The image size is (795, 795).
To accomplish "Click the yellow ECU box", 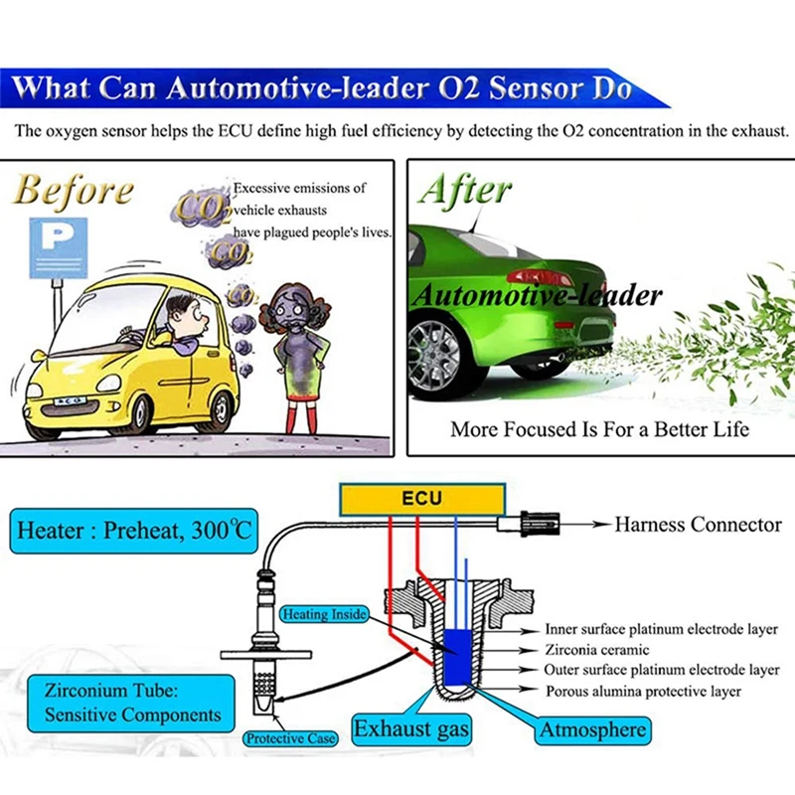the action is [422, 499].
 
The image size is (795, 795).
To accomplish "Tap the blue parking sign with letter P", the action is [59, 247].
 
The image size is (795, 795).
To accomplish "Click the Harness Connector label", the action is [699, 525].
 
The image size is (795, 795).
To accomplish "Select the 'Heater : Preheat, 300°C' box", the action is [134, 531].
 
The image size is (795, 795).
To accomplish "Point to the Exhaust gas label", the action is [411, 729].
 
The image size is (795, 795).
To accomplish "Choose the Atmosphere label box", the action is [592, 730].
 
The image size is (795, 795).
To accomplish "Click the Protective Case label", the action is [290, 738].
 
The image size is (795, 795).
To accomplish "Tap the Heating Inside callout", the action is [325, 614].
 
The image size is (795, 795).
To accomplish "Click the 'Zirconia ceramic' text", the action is [597, 650].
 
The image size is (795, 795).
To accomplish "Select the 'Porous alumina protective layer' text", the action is [643, 691].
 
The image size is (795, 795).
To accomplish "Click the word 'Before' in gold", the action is [74, 191].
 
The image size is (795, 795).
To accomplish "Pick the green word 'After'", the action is [465, 189].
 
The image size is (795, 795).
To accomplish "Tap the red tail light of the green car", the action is [540, 277].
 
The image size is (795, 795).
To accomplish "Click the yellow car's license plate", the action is [70, 401].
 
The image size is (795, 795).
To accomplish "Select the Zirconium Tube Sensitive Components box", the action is [131, 704].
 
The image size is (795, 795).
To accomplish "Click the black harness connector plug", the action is [541, 524].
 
